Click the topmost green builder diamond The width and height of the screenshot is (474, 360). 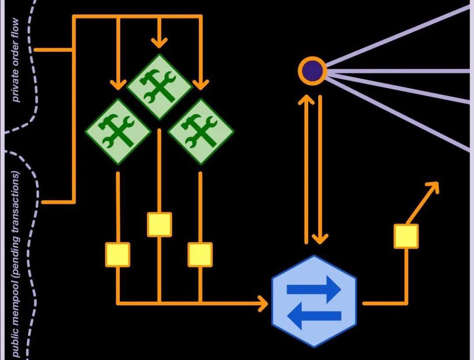pos(159,86)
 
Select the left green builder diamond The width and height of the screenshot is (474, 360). pos(118,131)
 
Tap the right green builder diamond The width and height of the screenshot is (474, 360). pos(201,131)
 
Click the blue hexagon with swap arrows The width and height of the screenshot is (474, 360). pos(314,302)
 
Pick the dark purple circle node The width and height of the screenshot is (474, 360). pos(312,70)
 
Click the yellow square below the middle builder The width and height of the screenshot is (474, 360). pos(159,225)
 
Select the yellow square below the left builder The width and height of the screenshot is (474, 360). pos(118,254)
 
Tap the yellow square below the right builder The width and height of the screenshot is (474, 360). pos(200,254)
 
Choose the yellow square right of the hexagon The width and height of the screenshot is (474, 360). pos(406,236)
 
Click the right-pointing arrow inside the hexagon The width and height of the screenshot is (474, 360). pos(314,289)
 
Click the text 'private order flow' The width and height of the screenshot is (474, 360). pos(16,60)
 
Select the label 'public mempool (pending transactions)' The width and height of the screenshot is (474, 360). pos(16,263)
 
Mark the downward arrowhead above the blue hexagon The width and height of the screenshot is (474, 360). pos(320,239)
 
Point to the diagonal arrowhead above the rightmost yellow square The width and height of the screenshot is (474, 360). pos(433,185)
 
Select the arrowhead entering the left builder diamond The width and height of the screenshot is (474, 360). pos(118,84)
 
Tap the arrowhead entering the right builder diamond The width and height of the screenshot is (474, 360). pos(201,84)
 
